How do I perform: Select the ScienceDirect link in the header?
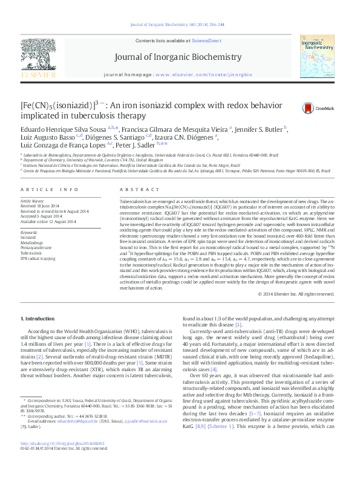click(x=206, y=40)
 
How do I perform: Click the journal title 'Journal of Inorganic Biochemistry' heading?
click(x=180, y=58)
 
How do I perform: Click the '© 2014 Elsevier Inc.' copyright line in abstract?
click(x=295, y=294)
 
